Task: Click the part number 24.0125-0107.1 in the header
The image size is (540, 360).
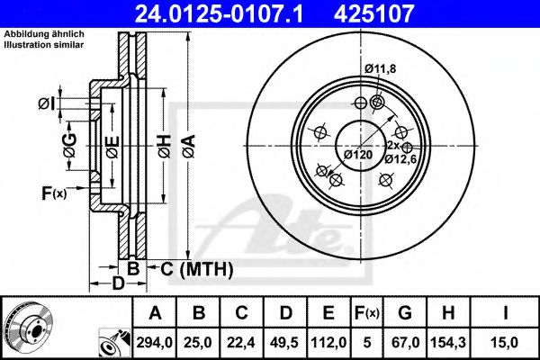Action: point(229,13)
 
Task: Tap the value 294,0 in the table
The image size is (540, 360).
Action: point(154,341)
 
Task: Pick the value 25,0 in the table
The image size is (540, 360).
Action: point(200,341)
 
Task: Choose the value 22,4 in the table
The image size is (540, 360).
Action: point(243,341)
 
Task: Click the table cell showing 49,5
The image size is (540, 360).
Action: point(287,341)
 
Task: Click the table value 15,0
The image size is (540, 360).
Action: point(508,341)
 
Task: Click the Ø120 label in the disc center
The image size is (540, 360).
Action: point(358,155)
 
